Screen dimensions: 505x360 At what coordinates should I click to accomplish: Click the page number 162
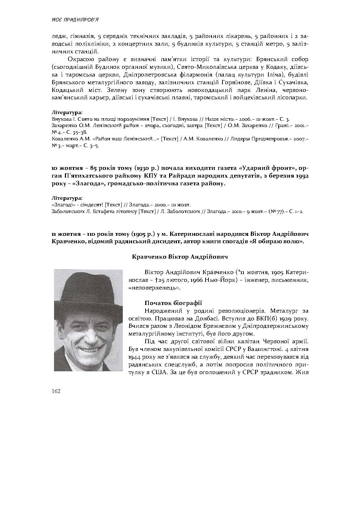coord(56,391)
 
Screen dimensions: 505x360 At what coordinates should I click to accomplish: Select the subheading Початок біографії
coord(173,303)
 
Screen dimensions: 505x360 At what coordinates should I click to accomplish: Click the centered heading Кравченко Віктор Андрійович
coord(180,257)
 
